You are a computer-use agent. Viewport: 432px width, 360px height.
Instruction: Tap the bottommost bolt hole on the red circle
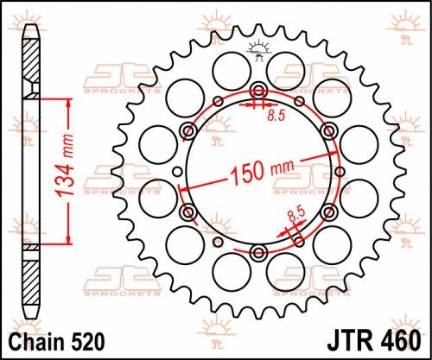pyautogui.click(x=258, y=251)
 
